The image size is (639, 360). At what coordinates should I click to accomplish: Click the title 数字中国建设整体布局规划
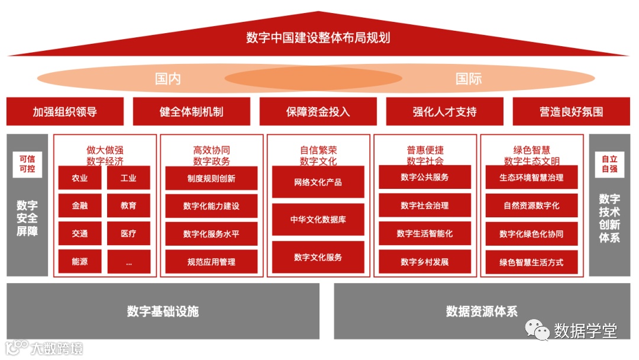pyautogui.click(x=318, y=38)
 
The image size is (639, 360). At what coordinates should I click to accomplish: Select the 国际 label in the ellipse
pyautogui.click(x=469, y=79)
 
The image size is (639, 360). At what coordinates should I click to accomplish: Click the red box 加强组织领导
pyautogui.click(x=65, y=111)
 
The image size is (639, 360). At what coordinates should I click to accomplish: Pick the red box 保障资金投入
pyautogui.click(x=318, y=111)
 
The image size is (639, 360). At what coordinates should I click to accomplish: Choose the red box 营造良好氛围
pyautogui.click(x=571, y=111)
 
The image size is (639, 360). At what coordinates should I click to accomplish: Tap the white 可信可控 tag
pyautogui.click(x=27, y=164)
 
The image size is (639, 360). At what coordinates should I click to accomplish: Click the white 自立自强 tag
pyautogui.click(x=609, y=164)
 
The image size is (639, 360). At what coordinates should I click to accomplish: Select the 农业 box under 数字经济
pyautogui.click(x=80, y=178)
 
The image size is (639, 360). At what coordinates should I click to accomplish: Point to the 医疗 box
pyautogui.click(x=128, y=233)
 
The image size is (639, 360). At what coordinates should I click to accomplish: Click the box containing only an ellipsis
pyautogui.click(x=128, y=262)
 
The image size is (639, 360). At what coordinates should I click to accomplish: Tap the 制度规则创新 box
pyautogui.click(x=211, y=178)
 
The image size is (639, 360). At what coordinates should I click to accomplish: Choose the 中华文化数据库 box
pyautogui.click(x=318, y=220)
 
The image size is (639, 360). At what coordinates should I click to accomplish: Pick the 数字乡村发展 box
pyautogui.click(x=425, y=262)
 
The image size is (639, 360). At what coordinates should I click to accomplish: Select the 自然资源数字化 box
pyautogui.click(x=531, y=205)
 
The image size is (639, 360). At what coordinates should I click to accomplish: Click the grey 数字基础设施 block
pyautogui.click(x=163, y=311)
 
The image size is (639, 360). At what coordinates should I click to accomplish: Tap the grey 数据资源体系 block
pyautogui.click(x=482, y=311)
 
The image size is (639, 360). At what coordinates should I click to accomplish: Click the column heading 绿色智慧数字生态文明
pyautogui.click(x=531, y=155)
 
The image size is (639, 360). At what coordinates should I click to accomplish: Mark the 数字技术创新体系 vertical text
pyautogui.click(x=609, y=218)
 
